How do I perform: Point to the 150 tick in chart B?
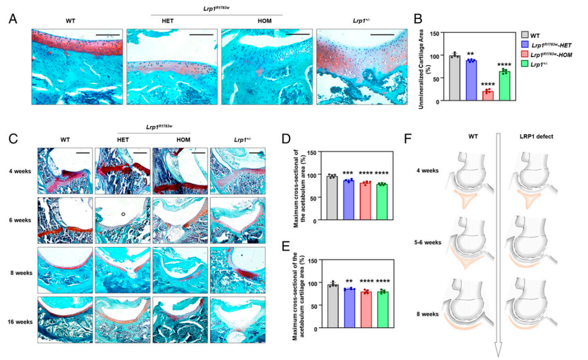tap(434, 33)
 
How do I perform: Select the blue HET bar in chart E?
tap(348, 309)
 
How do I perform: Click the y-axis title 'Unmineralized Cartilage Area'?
tap(422, 66)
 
